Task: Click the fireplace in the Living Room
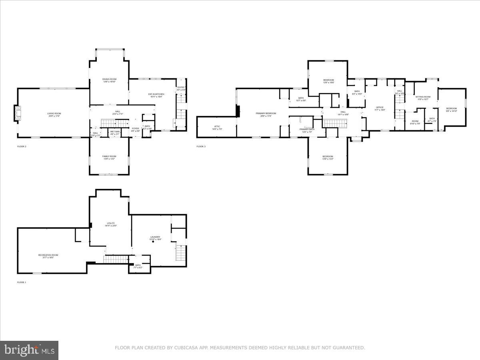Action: pos(17,114)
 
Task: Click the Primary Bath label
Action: pos(307,130)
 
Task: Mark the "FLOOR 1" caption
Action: pos(22,282)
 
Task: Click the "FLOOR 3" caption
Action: pos(201,146)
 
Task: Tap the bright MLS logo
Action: pos(29,350)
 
